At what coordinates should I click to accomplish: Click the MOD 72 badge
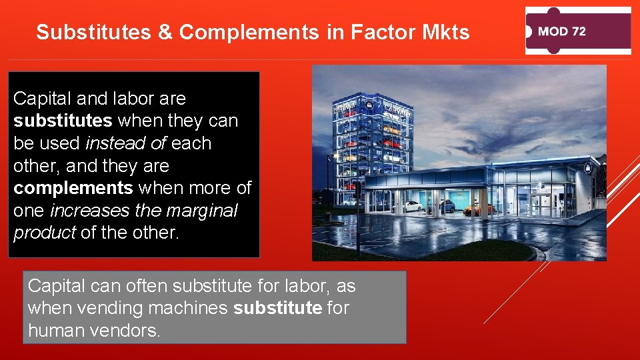(578, 31)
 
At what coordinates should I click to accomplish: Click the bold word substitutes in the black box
(63, 121)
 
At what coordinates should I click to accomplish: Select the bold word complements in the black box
(73, 188)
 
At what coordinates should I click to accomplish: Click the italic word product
(44, 233)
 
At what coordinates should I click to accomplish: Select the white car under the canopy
(411, 207)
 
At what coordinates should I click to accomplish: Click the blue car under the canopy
(445, 207)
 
